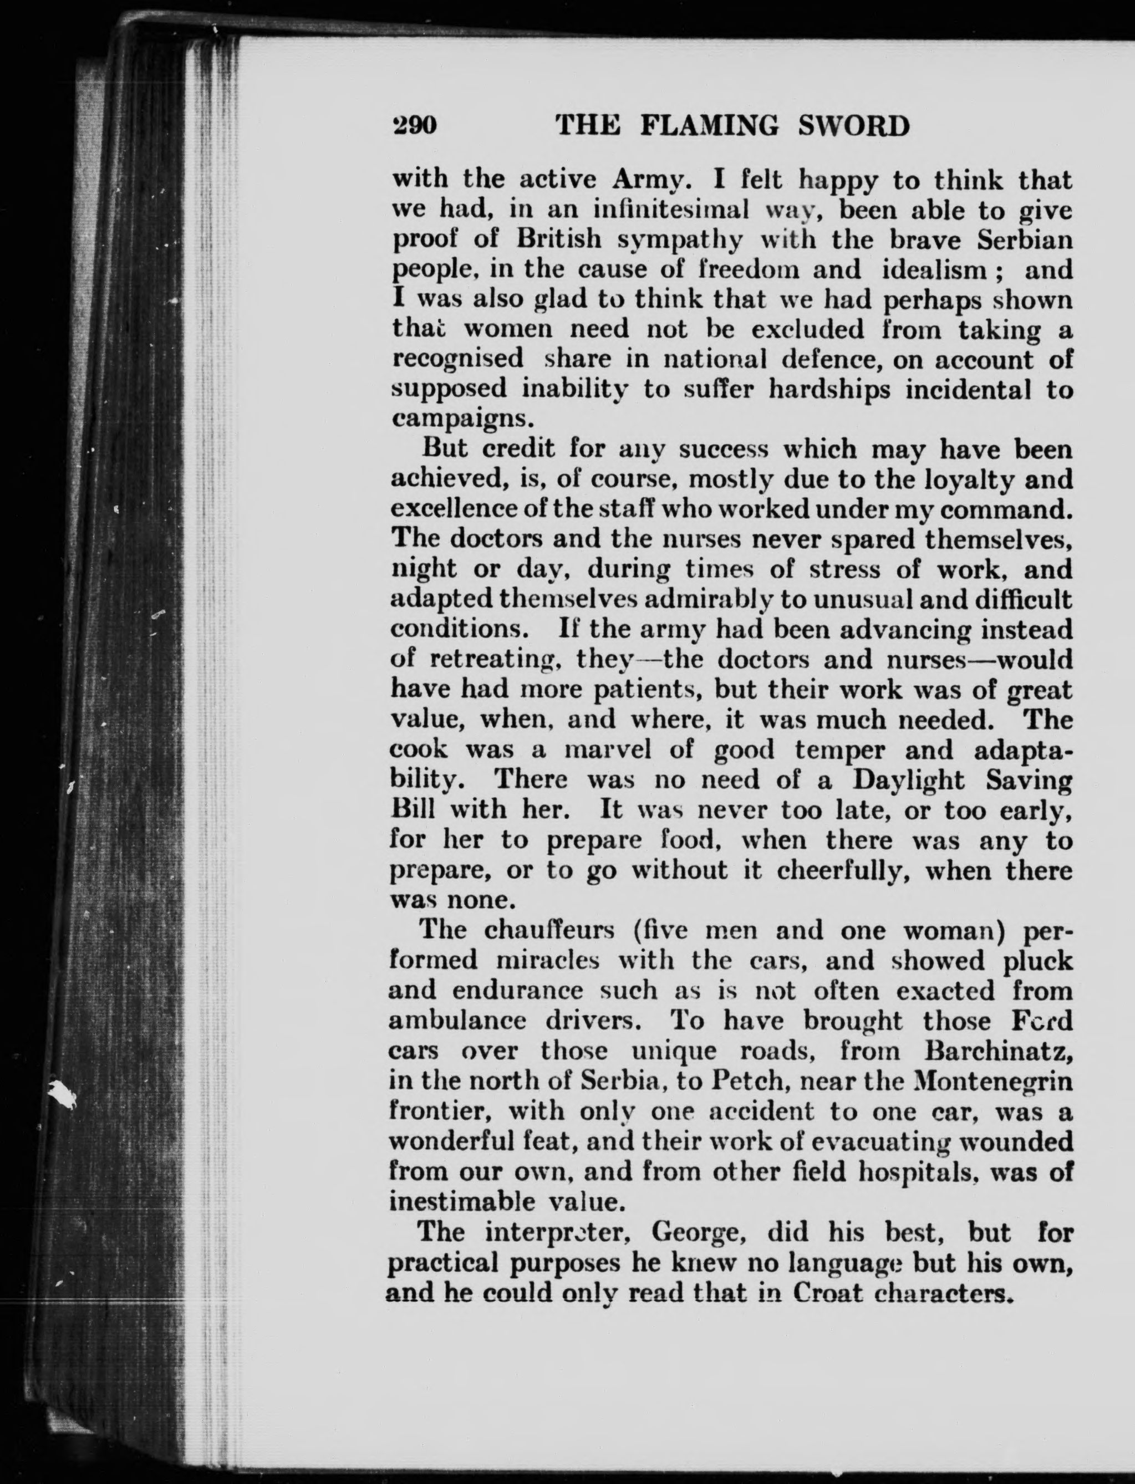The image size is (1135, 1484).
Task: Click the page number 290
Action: click(x=415, y=126)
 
